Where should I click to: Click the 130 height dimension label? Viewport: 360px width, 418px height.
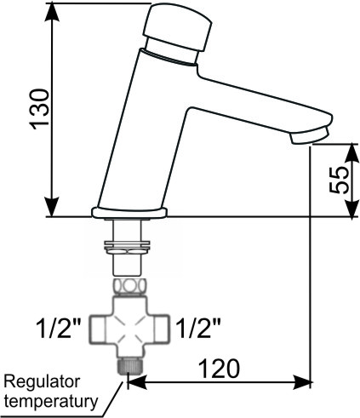pos(40,109)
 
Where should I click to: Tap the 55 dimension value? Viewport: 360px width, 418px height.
pos(340,180)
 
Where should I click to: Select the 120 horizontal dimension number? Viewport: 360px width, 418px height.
pos(219,369)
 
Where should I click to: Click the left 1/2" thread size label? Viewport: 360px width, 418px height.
pos(59,329)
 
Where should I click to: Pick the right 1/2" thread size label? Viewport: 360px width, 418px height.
pos(198,329)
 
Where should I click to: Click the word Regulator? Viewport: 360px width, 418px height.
pos(42,383)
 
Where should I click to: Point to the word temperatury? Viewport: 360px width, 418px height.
pos(51,402)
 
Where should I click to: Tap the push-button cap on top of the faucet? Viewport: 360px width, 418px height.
pos(177,27)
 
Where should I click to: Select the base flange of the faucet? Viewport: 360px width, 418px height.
pos(129,213)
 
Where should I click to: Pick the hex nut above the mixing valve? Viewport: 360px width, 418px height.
pos(129,287)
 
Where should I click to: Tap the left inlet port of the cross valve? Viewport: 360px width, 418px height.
pos(97,329)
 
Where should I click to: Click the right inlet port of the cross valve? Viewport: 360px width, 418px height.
pos(163,329)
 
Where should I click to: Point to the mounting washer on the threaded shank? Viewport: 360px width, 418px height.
pos(127,246)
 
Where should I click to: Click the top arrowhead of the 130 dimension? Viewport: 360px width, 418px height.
pos(52,11)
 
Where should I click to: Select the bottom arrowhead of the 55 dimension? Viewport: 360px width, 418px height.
pos(352,209)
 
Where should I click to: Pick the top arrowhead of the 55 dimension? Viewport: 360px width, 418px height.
pos(352,153)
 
